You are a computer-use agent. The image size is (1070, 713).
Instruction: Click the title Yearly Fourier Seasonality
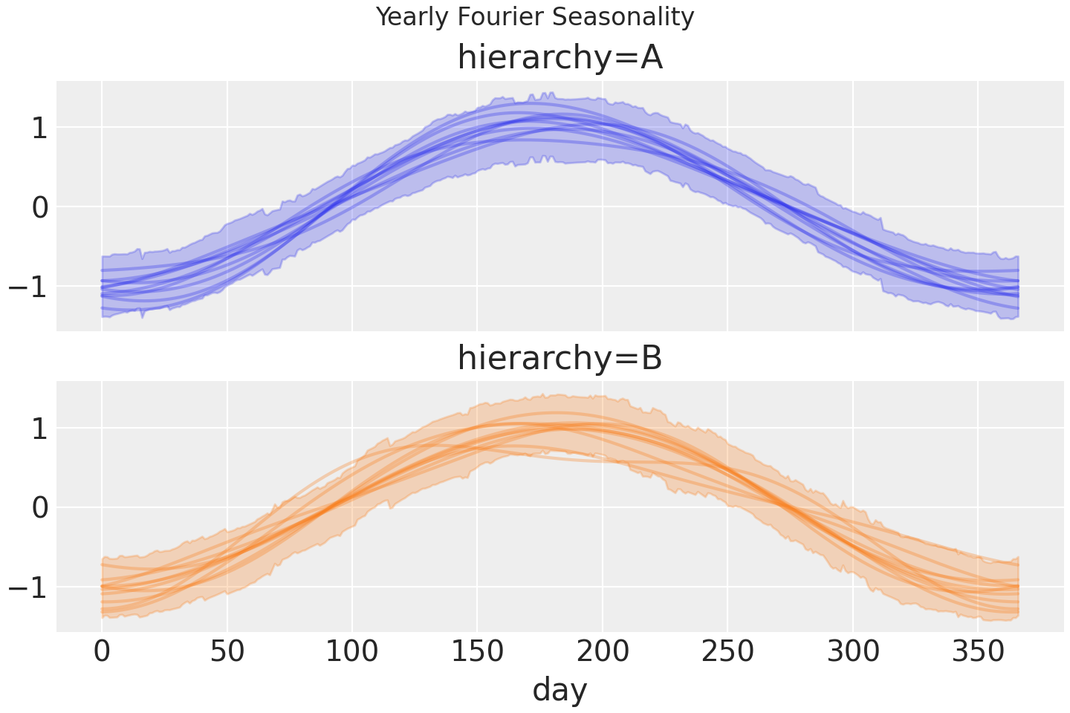[x=535, y=16]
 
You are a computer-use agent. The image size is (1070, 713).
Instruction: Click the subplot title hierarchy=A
[x=560, y=58]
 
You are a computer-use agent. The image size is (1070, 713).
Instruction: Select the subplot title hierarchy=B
[x=560, y=358]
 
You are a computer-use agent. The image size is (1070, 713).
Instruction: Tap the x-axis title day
[x=560, y=689]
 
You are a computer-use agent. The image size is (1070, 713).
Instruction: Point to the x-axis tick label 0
[x=102, y=652]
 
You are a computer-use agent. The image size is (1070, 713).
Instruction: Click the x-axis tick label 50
[x=227, y=652]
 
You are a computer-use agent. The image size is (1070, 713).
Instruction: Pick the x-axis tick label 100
[x=352, y=652]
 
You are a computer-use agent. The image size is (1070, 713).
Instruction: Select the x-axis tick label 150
[x=478, y=652]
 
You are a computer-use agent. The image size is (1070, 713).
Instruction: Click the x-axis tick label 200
[x=603, y=652]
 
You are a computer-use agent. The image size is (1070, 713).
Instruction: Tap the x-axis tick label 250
[x=727, y=652]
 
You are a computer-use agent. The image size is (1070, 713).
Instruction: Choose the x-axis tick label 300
[x=853, y=652]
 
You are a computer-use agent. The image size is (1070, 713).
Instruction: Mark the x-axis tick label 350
[x=978, y=652]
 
